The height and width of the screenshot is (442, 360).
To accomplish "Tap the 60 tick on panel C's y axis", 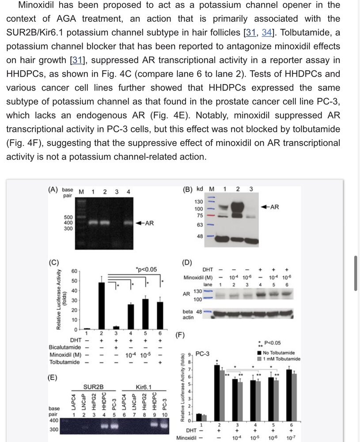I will pyautogui.click(x=75, y=271).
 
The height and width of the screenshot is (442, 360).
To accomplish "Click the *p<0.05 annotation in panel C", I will pyautogui.click(x=146, y=269).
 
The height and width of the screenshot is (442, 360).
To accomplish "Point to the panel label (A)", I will pyautogui.click(x=53, y=190).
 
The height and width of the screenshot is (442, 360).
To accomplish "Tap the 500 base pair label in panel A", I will pyautogui.click(x=68, y=217).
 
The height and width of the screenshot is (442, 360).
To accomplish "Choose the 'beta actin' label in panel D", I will pyautogui.click(x=188, y=315).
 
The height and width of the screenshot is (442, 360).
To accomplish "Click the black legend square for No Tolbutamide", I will pyautogui.click(x=259, y=353).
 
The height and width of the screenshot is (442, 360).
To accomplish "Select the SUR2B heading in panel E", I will pyautogui.click(x=93, y=387).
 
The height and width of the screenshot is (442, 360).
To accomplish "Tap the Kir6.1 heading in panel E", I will pyautogui.click(x=144, y=387).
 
